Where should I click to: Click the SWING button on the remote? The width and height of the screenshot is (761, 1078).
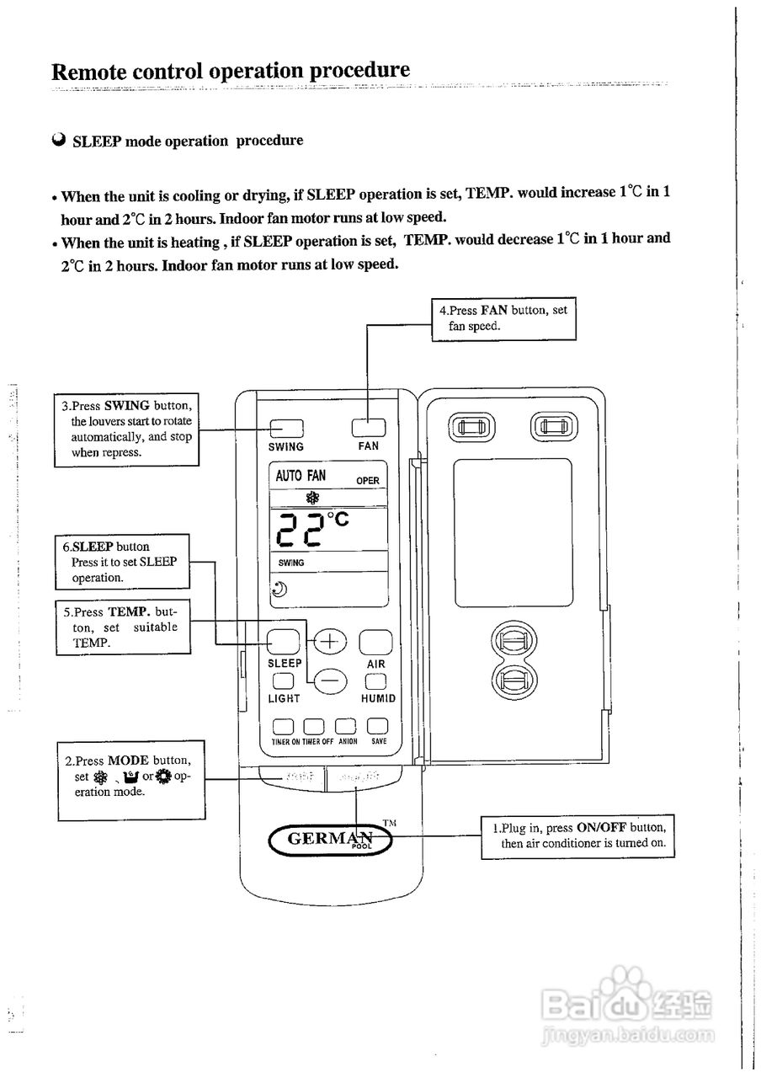tap(286, 429)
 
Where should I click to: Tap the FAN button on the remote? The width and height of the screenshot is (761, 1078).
tap(368, 428)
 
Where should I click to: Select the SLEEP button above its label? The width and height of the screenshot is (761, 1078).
tap(285, 642)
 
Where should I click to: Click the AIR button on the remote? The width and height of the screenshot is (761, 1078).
tap(375, 643)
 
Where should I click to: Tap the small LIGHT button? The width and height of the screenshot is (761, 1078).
tap(283, 681)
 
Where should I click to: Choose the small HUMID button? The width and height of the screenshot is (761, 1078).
tap(376, 681)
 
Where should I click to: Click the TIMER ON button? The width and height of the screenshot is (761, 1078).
tap(282, 726)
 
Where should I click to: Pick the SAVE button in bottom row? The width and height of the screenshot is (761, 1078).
tap(377, 726)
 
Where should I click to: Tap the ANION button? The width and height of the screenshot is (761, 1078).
tap(346, 726)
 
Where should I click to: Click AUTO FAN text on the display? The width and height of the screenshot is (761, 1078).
tap(301, 476)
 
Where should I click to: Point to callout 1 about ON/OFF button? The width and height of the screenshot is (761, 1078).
tap(577, 835)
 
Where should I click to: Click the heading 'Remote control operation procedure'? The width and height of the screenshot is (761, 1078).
tap(231, 70)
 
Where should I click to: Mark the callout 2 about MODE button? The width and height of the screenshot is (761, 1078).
tap(131, 780)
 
